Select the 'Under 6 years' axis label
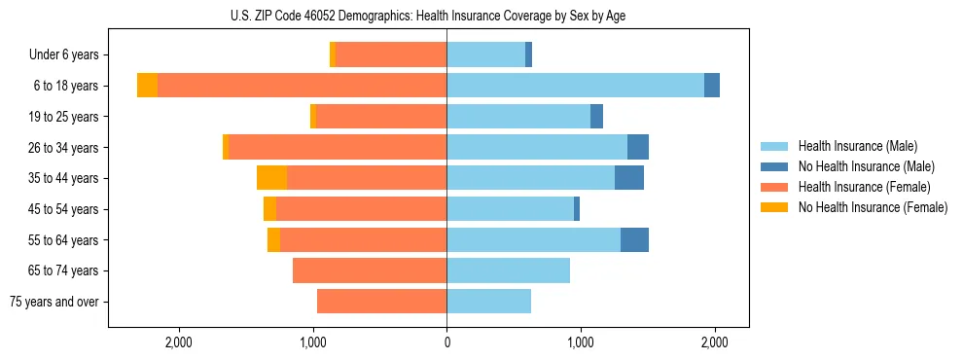click(x=63, y=55)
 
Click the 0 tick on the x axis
click(x=446, y=343)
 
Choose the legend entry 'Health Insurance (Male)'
click(x=857, y=146)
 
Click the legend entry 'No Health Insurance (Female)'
click(x=873, y=207)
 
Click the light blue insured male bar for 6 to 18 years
click(x=575, y=86)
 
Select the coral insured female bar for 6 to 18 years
click(x=302, y=86)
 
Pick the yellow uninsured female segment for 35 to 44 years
click(x=271, y=178)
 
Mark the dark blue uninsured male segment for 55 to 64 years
click(x=634, y=239)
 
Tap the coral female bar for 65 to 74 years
click(x=370, y=270)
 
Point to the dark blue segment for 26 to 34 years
click(x=638, y=147)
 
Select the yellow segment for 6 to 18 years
click(x=147, y=86)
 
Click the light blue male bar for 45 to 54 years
click(x=510, y=209)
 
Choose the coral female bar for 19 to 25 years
click(x=381, y=117)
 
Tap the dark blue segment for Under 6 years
click(x=528, y=55)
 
